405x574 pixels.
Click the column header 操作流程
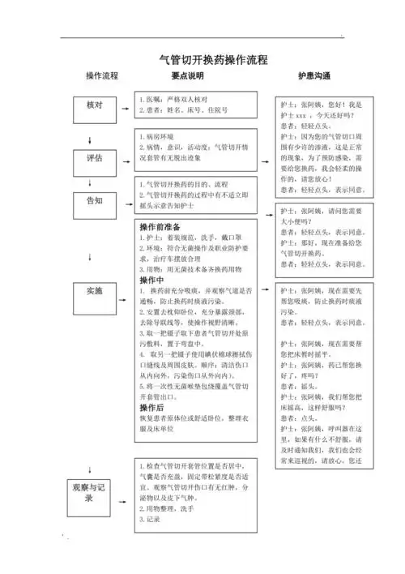click(x=102, y=76)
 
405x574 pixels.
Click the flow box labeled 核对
click(x=94, y=106)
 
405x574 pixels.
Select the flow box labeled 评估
click(x=94, y=159)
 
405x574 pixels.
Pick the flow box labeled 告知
click(x=94, y=199)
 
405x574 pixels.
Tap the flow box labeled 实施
click(x=94, y=289)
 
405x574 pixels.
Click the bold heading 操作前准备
click(x=160, y=226)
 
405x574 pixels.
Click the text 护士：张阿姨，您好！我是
click(x=321, y=105)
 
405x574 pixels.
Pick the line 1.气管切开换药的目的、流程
click(x=186, y=185)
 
